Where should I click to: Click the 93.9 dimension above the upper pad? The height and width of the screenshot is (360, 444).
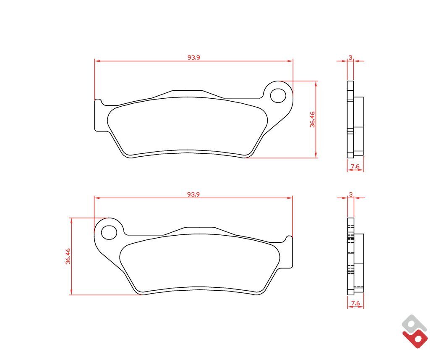194,57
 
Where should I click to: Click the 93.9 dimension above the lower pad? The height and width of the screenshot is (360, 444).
194,194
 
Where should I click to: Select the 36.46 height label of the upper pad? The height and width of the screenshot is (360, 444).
312,119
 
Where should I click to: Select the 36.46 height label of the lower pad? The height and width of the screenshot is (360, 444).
68,256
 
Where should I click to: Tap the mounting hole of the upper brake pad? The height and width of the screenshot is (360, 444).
278,95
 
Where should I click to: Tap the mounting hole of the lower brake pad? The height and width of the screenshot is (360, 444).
109,232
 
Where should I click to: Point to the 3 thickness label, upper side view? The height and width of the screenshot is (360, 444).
350,58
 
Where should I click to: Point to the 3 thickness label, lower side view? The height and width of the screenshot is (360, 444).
351,194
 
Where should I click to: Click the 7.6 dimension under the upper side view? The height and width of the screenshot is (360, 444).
355,166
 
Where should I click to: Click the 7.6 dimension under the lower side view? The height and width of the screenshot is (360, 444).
355,303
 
